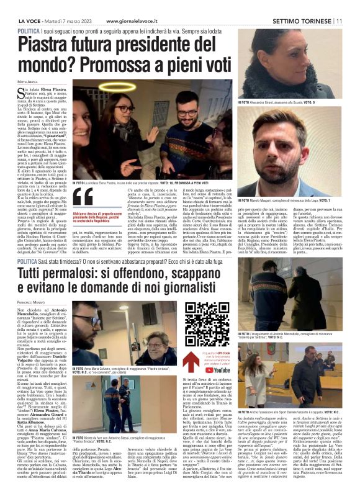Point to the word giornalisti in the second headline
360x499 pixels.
point(187,291)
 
